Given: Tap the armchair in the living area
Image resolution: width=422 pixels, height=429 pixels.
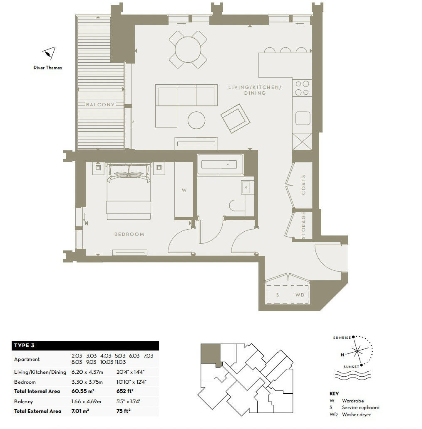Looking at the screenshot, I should click(236, 118).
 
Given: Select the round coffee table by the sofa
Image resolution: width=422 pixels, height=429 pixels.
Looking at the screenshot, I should click(196, 120).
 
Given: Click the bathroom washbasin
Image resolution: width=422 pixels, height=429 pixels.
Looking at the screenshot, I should click(246, 188).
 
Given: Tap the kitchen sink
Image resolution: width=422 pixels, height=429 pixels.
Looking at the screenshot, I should click(303, 118).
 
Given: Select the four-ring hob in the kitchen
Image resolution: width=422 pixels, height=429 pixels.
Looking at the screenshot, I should click(302, 88).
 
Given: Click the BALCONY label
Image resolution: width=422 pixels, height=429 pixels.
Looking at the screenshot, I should click(100, 105).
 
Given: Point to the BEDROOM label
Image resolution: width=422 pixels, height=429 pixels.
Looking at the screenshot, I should click(129, 234).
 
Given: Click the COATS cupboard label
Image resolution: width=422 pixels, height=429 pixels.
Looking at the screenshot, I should click(303, 184).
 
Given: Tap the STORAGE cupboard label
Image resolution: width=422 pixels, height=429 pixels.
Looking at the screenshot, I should click(303, 226).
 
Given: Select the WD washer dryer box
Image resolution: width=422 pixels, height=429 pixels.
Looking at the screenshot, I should click(300, 295).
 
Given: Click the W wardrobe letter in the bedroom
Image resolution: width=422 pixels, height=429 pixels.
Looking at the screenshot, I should click(184, 191).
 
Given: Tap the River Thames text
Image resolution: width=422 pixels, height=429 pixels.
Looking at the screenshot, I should click(48, 68).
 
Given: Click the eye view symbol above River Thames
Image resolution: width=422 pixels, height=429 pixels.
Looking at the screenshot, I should click(49, 53).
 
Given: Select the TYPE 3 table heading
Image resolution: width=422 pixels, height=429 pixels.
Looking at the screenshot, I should click(25, 346).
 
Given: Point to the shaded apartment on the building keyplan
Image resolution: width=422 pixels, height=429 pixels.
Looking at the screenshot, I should click(209, 354).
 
